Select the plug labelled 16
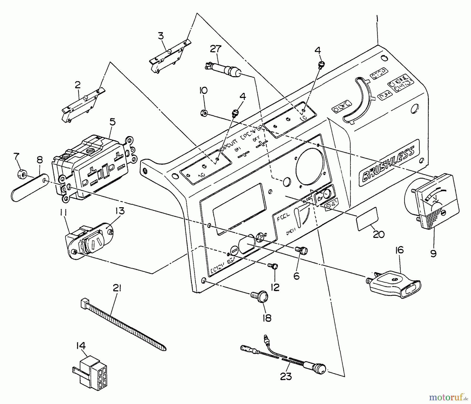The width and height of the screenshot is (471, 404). [x=394, y=286]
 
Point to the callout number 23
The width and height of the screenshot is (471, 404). [x=285, y=377]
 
